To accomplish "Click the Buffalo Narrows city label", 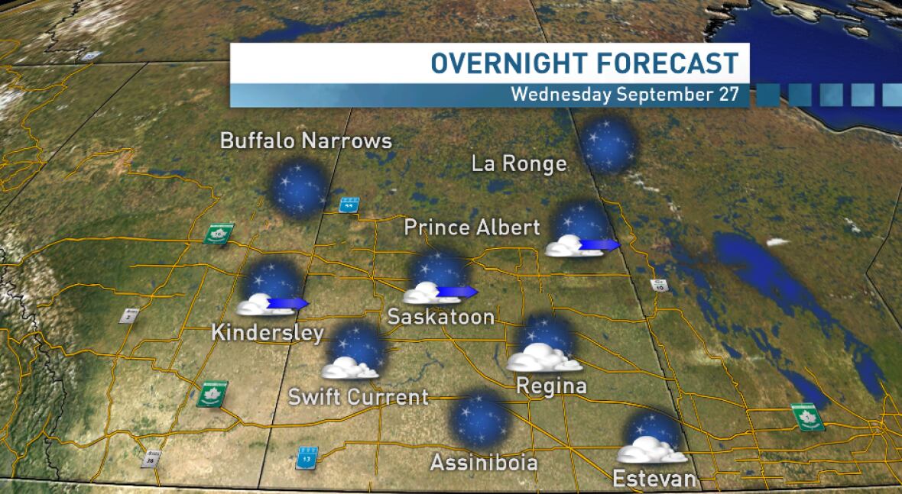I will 306,141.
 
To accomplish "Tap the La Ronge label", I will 519,164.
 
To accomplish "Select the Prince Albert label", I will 472,228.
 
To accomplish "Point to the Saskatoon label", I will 440,317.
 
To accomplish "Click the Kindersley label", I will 268,334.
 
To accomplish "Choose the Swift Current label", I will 359,398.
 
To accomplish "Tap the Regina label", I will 551,386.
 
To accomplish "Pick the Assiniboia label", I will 483,463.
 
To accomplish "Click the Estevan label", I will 655,479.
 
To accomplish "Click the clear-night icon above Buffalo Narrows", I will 300,188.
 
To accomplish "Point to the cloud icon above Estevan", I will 651,450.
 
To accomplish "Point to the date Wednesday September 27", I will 625,95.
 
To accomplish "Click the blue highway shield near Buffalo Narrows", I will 349,205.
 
